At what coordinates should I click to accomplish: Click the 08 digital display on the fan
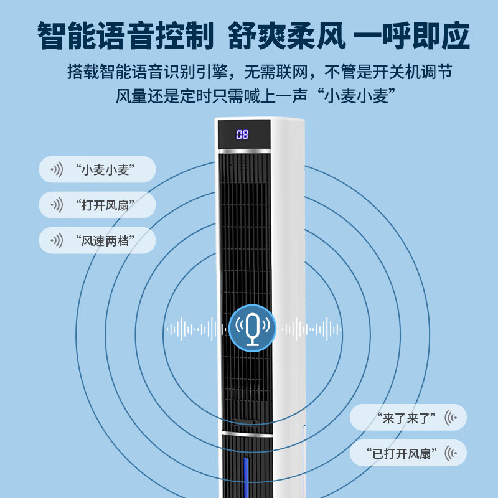click(x=242, y=134)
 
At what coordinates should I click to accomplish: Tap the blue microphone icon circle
click(x=253, y=329)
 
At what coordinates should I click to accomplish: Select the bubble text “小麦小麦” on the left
click(x=105, y=169)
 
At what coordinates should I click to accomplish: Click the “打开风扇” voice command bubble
click(x=97, y=205)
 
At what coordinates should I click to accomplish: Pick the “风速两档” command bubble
click(x=97, y=240)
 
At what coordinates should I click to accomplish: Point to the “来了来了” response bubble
click(x=408, y=417)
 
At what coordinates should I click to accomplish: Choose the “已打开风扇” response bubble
click(x=408, y=453)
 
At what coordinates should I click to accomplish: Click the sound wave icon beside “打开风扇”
click(x=57, y=205)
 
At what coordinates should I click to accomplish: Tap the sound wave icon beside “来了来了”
click(x=451, y=418)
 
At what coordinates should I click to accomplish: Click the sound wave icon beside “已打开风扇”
click(x=451, y=453)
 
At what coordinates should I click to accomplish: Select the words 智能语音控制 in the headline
click(x=126, y=35)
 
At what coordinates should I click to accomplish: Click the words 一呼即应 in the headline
click(x=411, y=35)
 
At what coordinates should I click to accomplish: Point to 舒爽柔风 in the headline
click(x=287, y=35)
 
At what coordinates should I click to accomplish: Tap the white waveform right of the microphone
click(x=312, y=329)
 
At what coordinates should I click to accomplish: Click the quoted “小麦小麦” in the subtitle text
click(x=356, y=96)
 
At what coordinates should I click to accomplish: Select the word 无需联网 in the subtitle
click(x=276, y=72)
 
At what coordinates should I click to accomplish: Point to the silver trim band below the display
click(x=244, y=151)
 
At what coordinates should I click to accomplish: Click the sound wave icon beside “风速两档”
click(x=57, y=240)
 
